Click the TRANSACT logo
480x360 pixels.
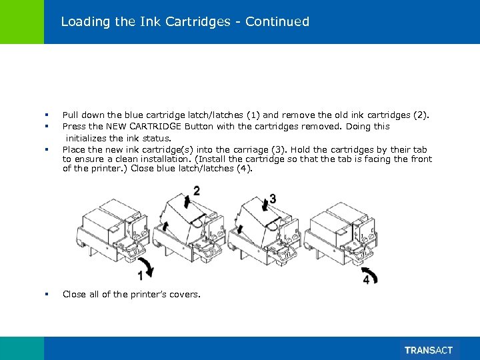(x=428, y=350)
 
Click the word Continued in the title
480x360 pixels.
(x=277, y=21)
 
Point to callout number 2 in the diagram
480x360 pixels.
(x=196, y=191)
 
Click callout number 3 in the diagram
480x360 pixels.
(x=273, y=199)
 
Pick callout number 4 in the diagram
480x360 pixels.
(x=367, y=280)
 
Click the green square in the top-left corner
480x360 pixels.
(x=22, y=22)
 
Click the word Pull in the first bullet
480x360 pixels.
(x=71, y=115)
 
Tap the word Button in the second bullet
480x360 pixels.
(x=201, y=126)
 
